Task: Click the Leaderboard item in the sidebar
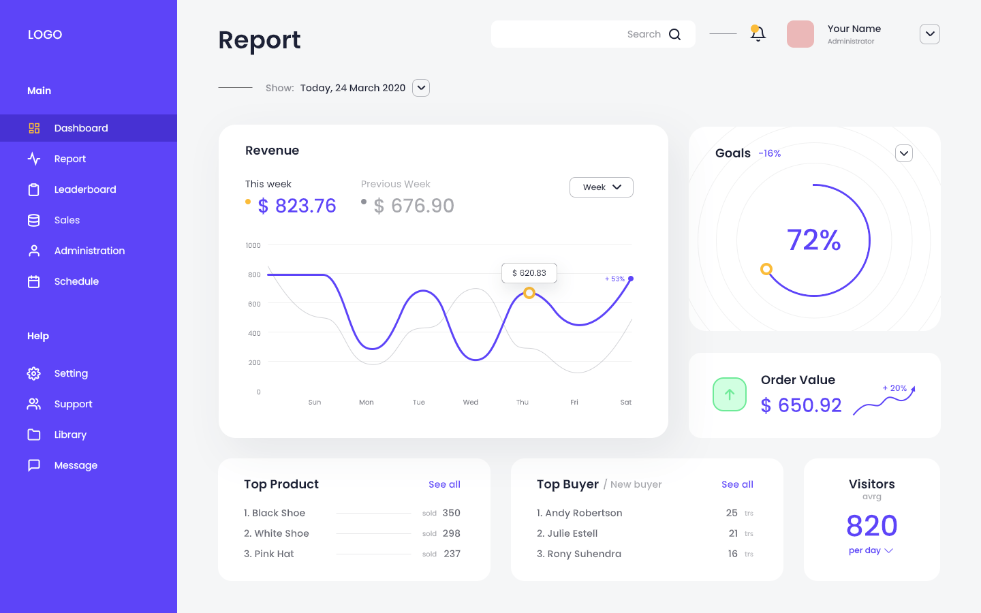point(84,189)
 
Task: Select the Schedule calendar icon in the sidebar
point(34,281)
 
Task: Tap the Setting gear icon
point(34,373)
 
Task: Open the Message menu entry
point(76,465)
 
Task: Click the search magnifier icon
point(674,34)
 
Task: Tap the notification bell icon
point(758,33)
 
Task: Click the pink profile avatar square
point(800,34)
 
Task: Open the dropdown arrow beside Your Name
point(929,34)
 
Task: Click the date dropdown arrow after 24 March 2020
point(421,88)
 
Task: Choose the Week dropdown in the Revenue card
point(602,187)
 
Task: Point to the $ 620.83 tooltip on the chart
point(529,273)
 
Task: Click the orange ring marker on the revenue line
point(529,293)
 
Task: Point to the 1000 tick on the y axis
point(253,245)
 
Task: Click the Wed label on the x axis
point(471,403)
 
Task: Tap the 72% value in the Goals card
point(814,240)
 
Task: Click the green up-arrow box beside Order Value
point(730,394)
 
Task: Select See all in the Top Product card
point(444,484)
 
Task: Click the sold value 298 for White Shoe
point(451,533)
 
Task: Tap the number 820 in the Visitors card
point(872,526)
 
